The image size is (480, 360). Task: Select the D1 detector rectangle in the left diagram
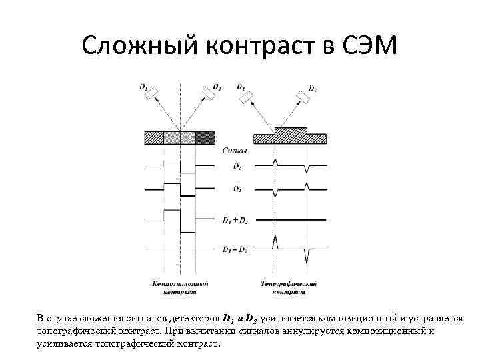(151, 91)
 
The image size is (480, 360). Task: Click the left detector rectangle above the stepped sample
(247, 97)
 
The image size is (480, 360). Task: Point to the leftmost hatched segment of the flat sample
(154, 137)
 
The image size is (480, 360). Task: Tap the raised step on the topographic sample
(290, 131)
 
